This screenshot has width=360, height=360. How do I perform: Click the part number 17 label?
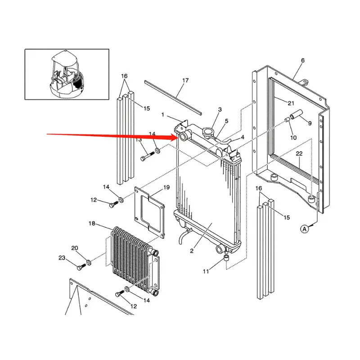[185, 81]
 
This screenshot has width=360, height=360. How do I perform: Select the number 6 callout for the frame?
[302, 60]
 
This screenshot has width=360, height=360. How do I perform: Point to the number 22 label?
[299, 154]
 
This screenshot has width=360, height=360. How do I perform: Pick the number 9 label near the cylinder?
[310, 122]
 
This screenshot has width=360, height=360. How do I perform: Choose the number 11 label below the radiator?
[206, 271]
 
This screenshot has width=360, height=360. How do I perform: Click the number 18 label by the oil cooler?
[92, 224]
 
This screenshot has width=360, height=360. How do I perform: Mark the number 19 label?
[166, 187]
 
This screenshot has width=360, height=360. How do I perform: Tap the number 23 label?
[62, 258]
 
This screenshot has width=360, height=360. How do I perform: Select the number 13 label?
[139, 139]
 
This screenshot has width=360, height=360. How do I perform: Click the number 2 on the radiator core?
[192, 251]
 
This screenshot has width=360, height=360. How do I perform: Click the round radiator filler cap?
[208, 132]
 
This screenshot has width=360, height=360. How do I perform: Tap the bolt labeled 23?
[81, 267]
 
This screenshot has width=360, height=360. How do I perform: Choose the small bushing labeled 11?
[227, 259]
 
